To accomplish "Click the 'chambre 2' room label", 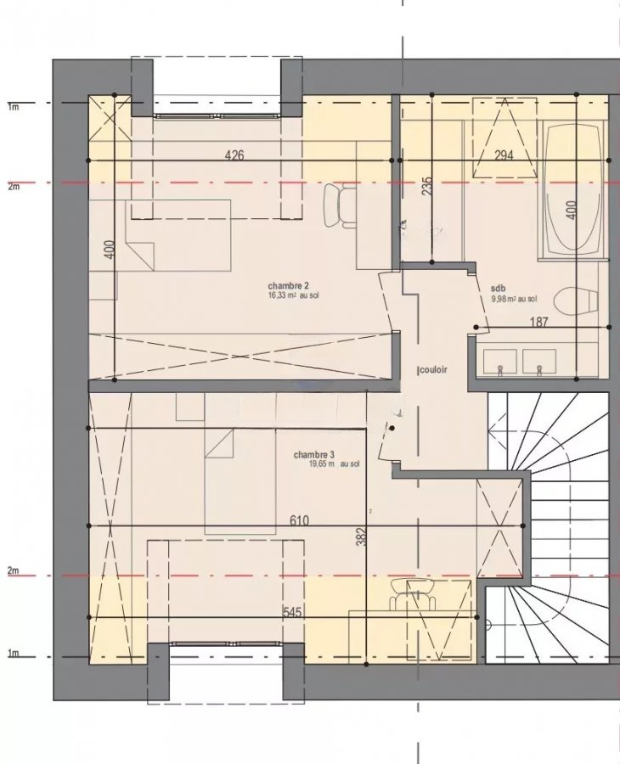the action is (x=289, y=285).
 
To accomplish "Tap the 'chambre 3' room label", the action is (x=314, y=455).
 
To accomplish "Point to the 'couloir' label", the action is (x=433, y=369).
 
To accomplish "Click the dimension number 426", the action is (x=234, y=156).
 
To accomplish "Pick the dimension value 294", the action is (x=504, y=155).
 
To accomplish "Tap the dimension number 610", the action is (x=299, y=521).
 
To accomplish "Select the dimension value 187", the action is (x=538, y=322).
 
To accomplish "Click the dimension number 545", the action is (x=292, y=612).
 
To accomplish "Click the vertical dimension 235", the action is (x=427, y=186).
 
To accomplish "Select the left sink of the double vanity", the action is (x=500, y=361).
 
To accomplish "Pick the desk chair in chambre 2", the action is (x=341, y=205).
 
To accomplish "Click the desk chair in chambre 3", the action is (x=414, y=593).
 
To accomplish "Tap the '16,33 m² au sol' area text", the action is (x=293, y=295).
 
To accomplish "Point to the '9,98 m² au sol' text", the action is (x=515, y=299).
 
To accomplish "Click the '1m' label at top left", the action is (x=13, y=107).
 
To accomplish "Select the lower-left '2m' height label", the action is (x=13, y=570).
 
